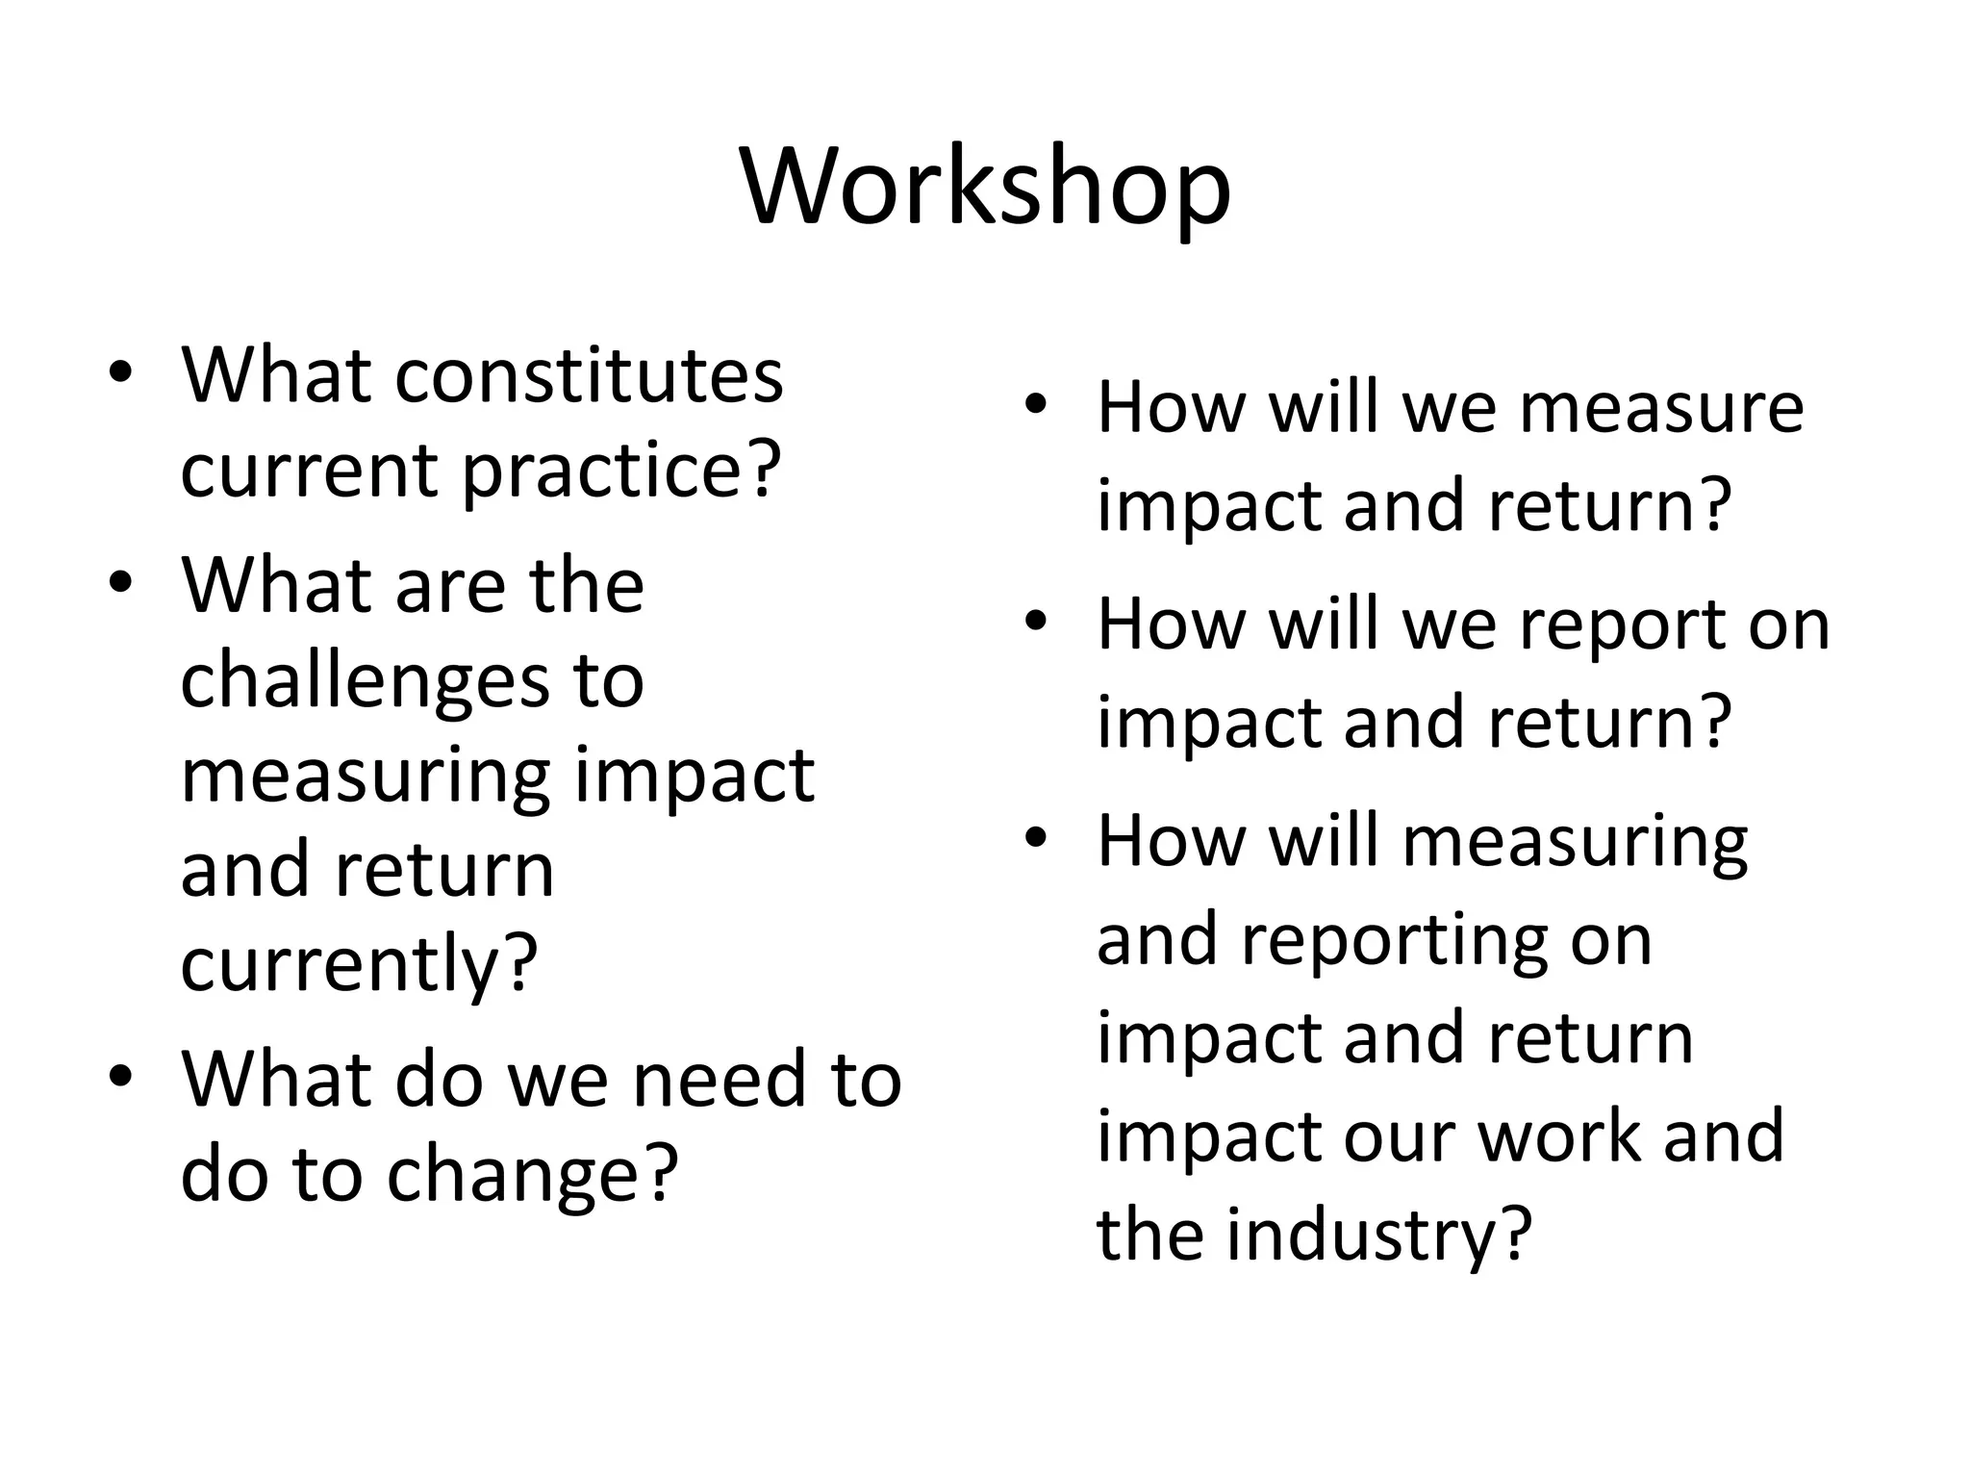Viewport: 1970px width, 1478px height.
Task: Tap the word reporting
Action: pos(1395,940)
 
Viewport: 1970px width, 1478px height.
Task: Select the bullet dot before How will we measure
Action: pos(1035,406)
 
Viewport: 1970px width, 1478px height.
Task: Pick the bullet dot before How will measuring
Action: pos(1035,839)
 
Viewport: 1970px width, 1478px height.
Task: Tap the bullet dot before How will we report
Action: pos(1035,623)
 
